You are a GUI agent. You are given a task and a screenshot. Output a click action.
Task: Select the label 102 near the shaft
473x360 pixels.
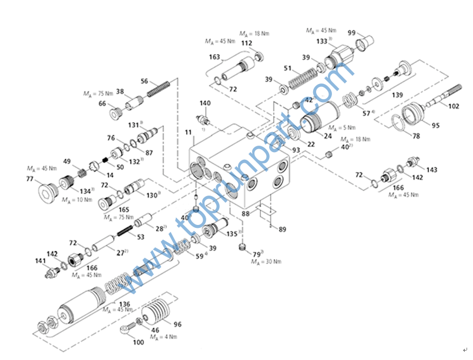click(454, 107)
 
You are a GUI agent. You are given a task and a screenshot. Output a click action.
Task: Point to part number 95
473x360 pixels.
click(435, 125)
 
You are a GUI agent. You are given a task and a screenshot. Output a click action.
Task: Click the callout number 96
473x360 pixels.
click(177, 324)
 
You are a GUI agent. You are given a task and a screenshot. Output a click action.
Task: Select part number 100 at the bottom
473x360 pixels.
click(139, 342)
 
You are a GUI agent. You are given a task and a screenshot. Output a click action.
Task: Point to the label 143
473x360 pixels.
click(432, 170)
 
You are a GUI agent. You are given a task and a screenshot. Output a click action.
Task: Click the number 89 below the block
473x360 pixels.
click(283, 229)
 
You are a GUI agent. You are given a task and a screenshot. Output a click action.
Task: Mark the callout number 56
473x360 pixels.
click(145, 81)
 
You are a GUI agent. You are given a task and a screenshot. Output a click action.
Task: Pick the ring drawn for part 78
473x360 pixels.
click(400, 125)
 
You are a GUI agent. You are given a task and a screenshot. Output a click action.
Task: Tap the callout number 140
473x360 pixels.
click(204, 103)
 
